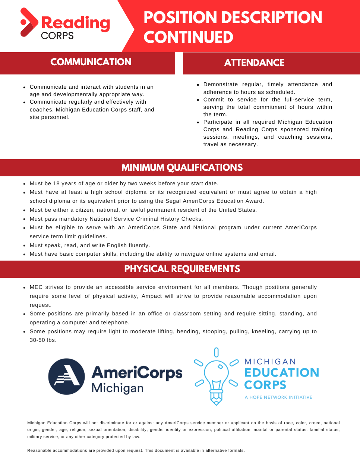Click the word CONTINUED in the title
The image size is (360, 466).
tap(188, 37)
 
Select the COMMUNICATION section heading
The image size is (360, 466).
tap(91, 62)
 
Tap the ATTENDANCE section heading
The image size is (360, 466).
tap(254, 63)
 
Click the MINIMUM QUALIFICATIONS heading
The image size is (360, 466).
tap(182, 167)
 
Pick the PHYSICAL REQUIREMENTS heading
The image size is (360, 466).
tap(182, 269)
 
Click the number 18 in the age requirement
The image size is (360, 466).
tap(56, 183)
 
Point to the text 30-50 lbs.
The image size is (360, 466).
tap(43, 340)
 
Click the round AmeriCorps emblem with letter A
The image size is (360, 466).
tap(67, 377)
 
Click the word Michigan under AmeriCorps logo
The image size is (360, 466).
tap(117, 388)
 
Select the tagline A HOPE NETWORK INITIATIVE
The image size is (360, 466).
tap(278, 397)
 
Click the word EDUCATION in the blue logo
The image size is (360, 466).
tap(282, 372)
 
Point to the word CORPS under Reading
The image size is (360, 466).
tap(57, 36)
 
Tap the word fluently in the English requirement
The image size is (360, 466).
tap(138, 245)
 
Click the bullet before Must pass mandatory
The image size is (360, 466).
tap(24, 219)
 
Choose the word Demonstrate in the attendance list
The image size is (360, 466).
tap(220, 84)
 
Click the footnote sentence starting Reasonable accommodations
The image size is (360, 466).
tap(136, 450)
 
